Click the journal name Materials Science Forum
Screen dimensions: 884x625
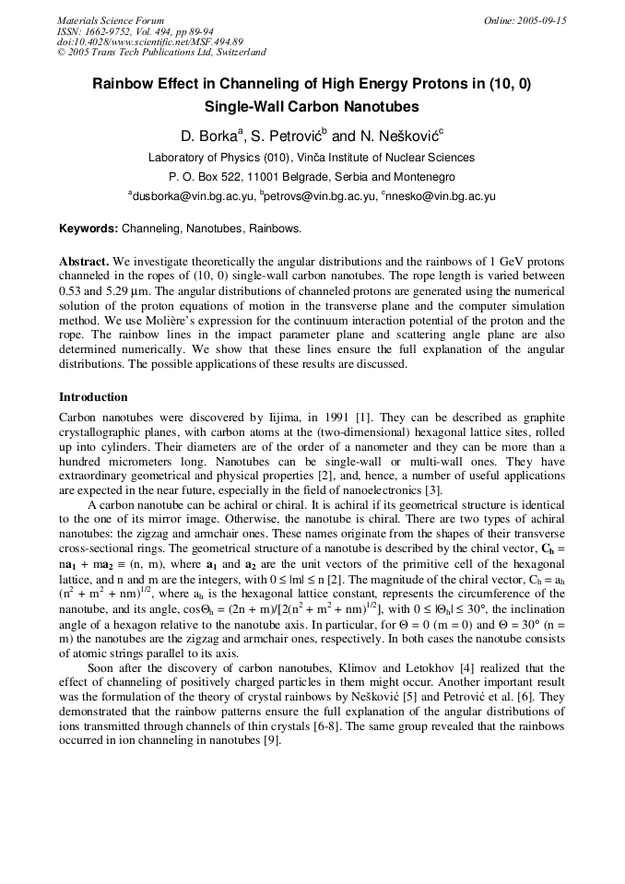111,20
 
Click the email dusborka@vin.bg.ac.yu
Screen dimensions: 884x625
190,196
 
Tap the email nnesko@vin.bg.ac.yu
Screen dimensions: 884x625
444,196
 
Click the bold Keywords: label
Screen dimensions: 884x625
88,229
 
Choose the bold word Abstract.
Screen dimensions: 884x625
84,262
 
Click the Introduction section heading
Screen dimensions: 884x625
93,397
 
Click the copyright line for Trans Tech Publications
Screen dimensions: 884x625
161,53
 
